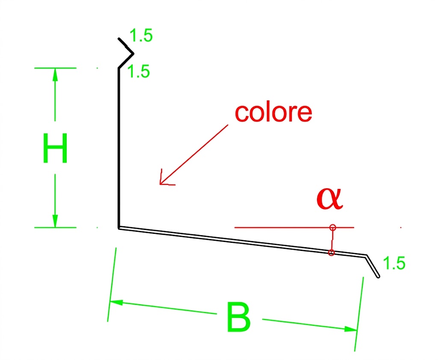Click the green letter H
55,148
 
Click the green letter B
239,317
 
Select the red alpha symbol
330,198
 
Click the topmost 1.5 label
141,35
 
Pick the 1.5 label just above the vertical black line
139,71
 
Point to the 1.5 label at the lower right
394,263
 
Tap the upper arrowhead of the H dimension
55,74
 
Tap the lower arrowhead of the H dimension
55,221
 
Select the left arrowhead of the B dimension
116,302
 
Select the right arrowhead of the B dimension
351,329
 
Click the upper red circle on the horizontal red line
332,227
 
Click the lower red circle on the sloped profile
331,253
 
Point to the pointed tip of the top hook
133,53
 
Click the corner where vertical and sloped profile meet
119,228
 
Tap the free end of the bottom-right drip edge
379,277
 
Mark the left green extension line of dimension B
112,285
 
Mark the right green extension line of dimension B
359,314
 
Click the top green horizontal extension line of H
55,68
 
